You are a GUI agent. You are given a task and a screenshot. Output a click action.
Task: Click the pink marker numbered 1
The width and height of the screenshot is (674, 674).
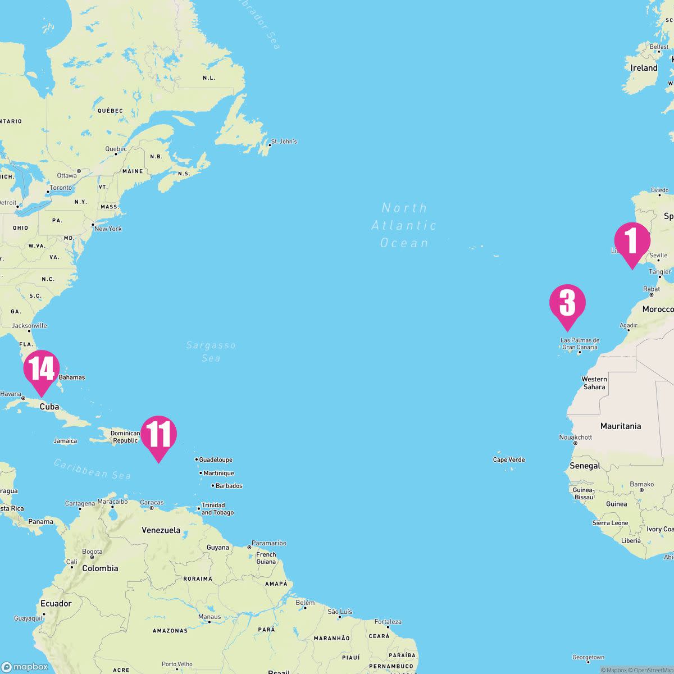point(632,241)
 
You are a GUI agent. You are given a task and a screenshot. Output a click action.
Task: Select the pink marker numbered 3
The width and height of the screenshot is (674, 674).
point(567,303)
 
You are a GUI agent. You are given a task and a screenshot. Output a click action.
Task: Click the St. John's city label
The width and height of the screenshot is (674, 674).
point(284,142)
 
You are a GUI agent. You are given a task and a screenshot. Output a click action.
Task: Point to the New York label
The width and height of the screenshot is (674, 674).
point(108,229)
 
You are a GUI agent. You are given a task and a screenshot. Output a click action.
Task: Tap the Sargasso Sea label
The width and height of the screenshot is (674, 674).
point(211,352)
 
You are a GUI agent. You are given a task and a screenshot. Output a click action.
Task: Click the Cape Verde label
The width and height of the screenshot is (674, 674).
point(509,460)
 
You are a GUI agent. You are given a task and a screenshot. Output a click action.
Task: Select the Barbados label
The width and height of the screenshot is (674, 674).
point(229,486)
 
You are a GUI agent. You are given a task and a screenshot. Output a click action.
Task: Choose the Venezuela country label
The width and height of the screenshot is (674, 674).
point(161,530)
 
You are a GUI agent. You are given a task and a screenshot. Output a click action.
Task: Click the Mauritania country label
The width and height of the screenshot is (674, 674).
point(621,426)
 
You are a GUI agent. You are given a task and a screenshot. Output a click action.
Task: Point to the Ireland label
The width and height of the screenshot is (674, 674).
point(644,68)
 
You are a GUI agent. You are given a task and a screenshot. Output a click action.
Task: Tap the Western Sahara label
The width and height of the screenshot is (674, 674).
point(594,383)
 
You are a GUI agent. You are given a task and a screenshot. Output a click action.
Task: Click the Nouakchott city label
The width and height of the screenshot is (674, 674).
point(576,438)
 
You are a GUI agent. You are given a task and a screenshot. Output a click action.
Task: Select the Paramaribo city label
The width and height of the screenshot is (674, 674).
point(268,543)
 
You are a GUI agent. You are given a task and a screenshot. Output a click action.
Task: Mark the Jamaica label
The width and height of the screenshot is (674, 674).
point(65,441)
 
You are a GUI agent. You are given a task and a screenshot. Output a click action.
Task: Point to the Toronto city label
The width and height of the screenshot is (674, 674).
point(61,188)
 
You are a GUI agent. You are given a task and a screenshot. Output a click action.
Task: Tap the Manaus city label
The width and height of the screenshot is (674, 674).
point(210,617)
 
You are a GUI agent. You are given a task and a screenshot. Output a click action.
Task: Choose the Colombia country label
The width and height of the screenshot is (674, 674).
point(100,568)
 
